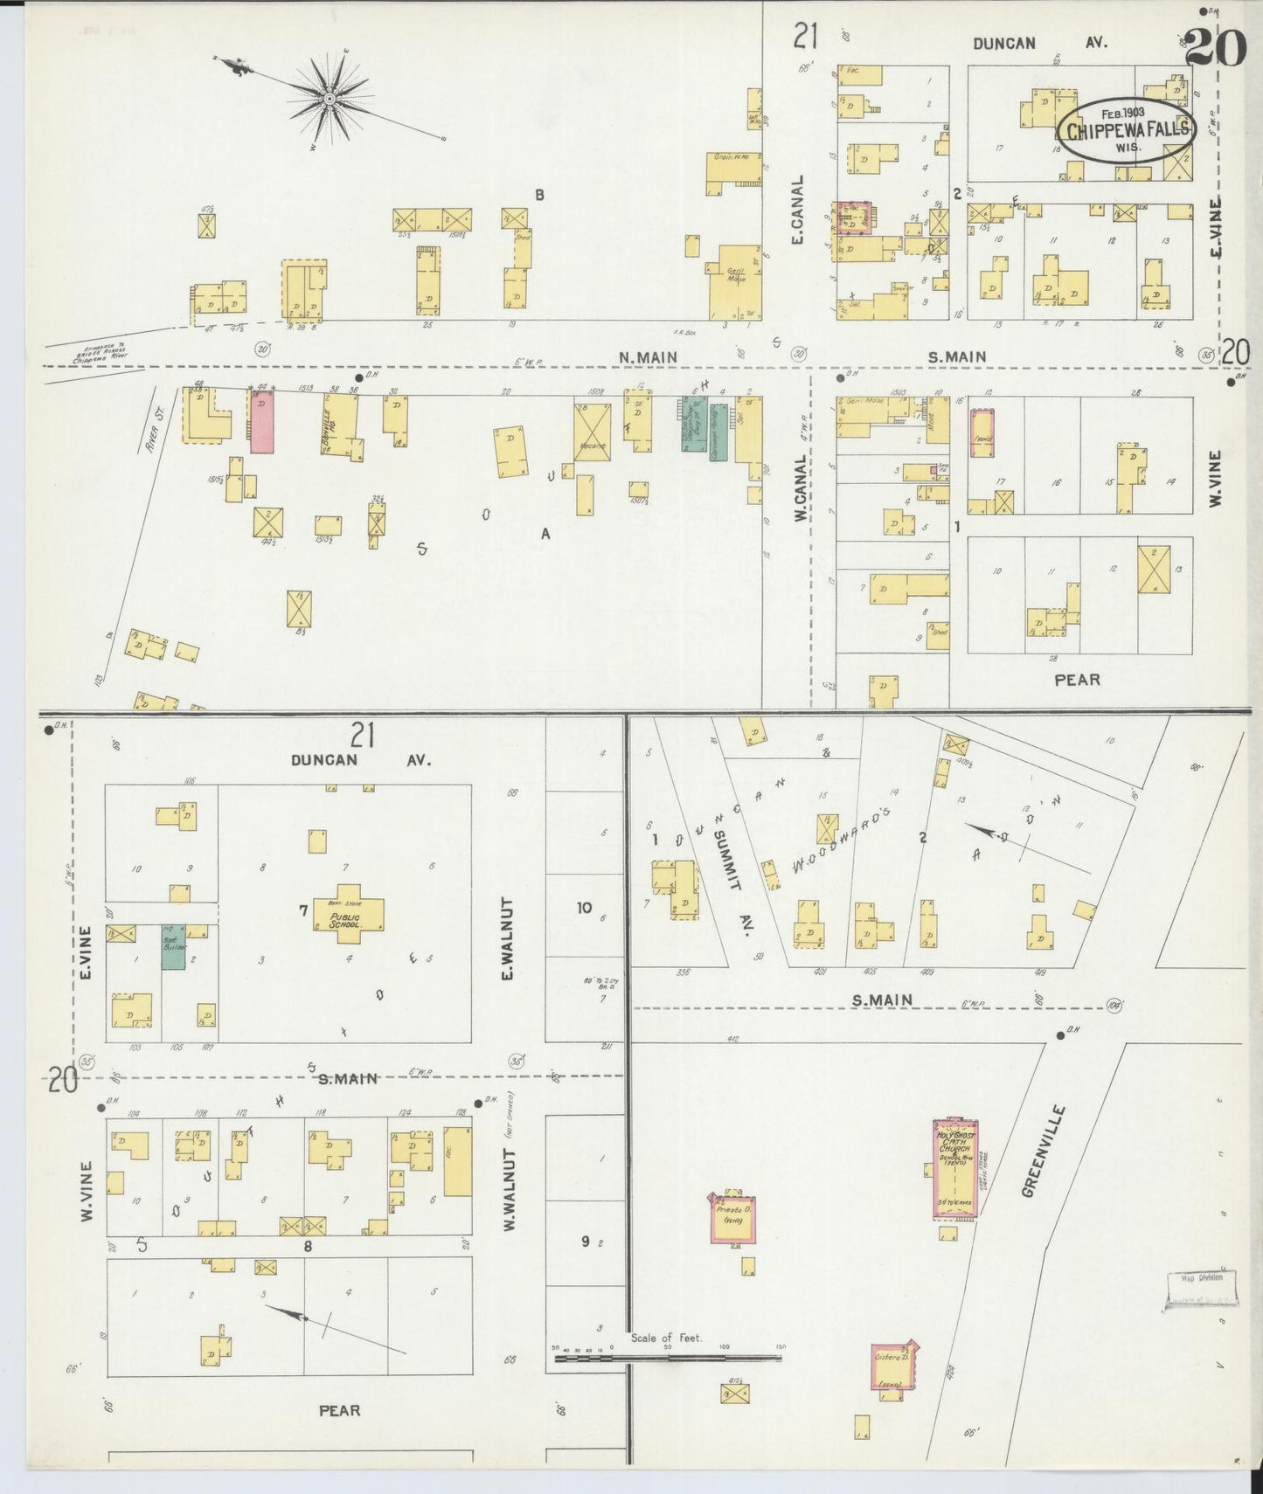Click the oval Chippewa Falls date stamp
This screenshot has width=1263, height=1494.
[x=1128, y=128]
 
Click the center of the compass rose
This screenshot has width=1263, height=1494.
[x=330, y=100]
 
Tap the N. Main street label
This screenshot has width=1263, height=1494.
[x=648, y=356]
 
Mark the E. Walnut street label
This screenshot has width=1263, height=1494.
[x=508, y=938]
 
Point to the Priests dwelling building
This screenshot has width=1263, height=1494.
[x=731, y=1217]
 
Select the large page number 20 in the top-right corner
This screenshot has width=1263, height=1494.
[x=1215, y=48]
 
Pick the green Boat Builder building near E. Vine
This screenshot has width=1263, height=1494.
[x=172, y=946]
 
